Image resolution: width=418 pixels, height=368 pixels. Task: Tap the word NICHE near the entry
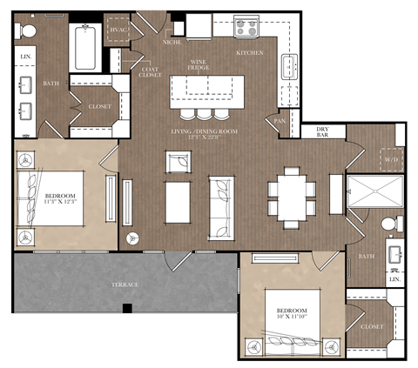(x=172, y=42)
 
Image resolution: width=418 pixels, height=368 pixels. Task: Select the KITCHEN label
(x=251, y=53)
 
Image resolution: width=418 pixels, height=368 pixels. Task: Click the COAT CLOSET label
(x=150, y=72)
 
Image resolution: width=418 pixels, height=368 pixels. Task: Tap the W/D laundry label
(x=389, y=159)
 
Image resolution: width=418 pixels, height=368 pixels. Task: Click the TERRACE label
(x=124, y=284)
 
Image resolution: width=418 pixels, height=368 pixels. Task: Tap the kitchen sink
(x=288, y=64)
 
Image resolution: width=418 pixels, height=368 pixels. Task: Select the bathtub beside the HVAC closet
(x=84, y=47)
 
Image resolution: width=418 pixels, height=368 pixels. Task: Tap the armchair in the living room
(x=178, y=163)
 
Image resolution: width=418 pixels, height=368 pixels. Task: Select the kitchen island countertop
(x=207, y=90)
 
